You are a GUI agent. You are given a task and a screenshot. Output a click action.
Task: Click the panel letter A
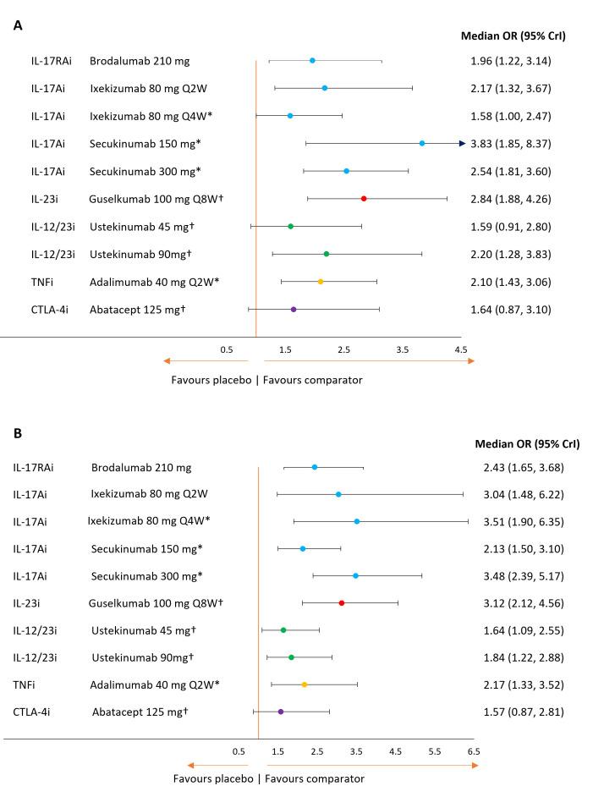pyautogui.click(x=18, y=25)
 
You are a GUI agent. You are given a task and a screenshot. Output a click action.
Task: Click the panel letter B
pyautogui.click(x=18, y=433)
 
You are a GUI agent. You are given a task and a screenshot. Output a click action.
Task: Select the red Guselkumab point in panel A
pyautogui.click(x=364, y=198)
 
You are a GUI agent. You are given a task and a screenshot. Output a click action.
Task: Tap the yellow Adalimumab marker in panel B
pyautogui.click(x=305, y=684)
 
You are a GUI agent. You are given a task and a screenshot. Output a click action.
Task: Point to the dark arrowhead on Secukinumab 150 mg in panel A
pyautogui.click(x=462, y=144)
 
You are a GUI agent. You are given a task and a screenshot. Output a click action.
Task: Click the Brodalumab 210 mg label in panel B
pyautogui.click(x=141, y=467)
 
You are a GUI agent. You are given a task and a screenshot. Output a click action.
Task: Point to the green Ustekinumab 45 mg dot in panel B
pyautogui.click(x=283, y=630)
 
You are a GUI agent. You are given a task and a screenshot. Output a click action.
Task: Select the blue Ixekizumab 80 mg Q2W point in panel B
pyautogui.click(x=338, y=494)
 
